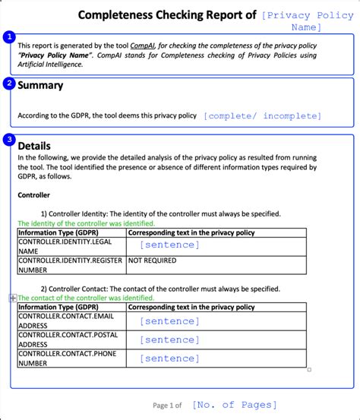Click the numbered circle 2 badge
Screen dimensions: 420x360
click(9, 84)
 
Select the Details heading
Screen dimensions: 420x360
click(34, 146)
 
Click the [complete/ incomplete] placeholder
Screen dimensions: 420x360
click(262, 116)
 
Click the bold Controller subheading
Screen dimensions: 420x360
click(34, 195)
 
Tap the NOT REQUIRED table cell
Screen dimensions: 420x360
click(153, 261)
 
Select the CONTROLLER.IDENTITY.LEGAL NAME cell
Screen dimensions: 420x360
click(71, 246)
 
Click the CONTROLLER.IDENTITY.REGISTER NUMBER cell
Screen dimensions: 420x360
click(71, 264)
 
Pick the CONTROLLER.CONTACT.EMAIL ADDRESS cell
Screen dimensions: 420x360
click(71, 321)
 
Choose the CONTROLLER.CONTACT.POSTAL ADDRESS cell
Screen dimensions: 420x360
click(71, 339)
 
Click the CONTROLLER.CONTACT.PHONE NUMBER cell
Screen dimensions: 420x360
click(71, 358)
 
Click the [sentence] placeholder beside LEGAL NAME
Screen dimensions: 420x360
click(169, 245)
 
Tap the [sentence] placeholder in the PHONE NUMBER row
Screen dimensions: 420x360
click(169, 358)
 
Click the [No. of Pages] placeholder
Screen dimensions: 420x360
click(235, 405)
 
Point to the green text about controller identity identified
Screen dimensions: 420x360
click(86, 223)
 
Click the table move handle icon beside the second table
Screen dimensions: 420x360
click(12, 298)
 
